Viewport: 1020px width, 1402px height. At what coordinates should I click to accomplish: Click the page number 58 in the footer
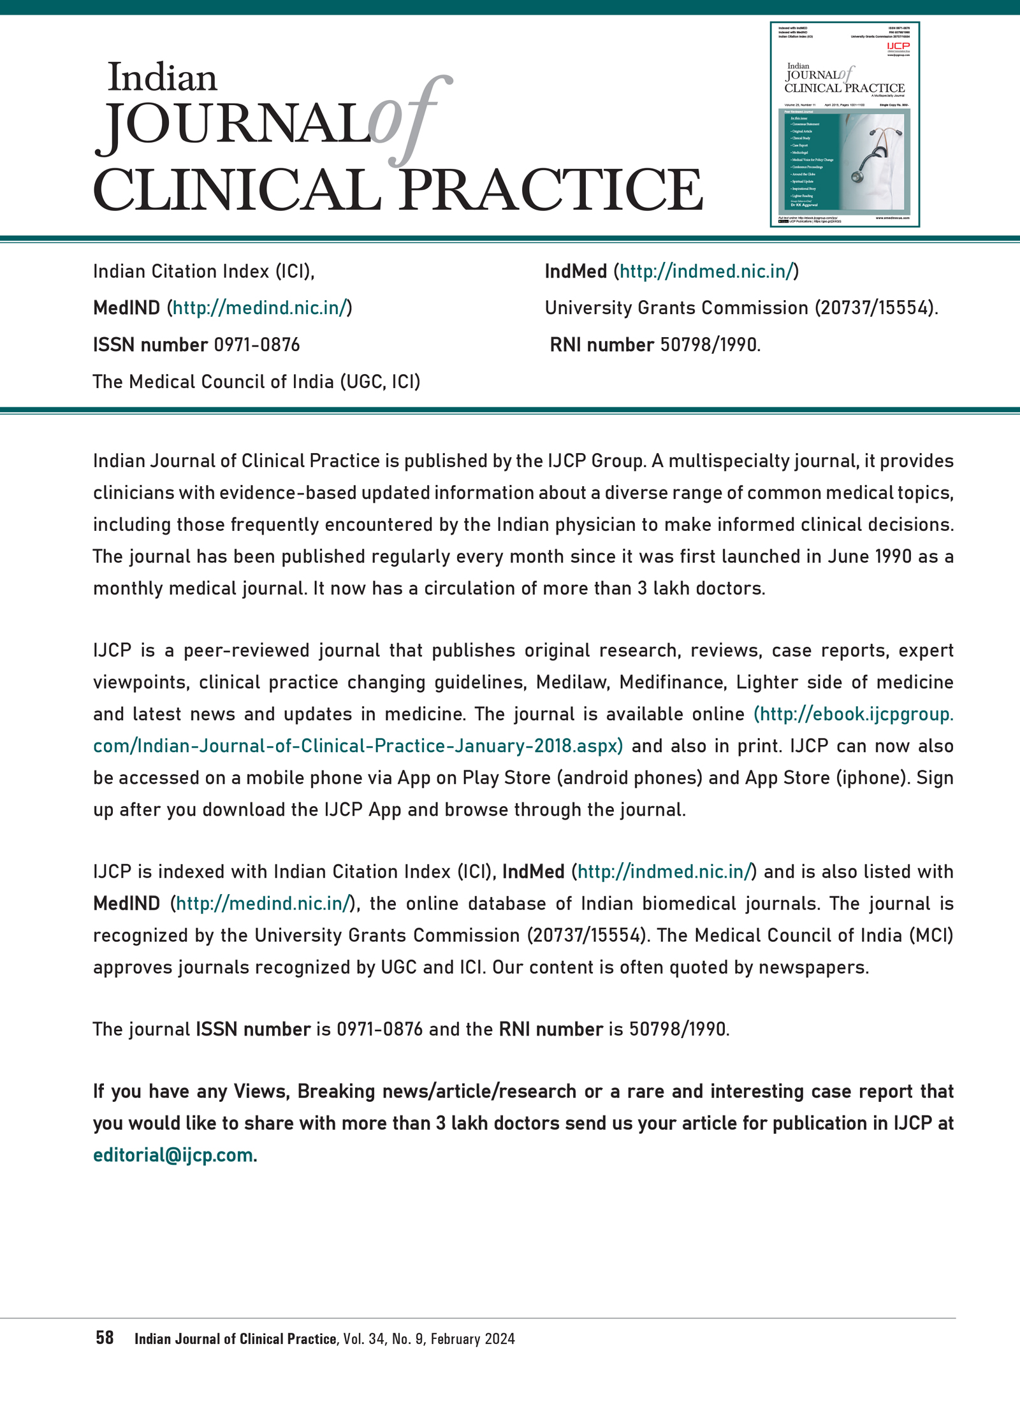click(105, 1338)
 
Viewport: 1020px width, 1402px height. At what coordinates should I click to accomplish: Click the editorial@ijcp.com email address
click(173, 1155)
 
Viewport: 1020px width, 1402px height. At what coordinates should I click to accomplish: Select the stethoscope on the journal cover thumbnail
click(878, 153)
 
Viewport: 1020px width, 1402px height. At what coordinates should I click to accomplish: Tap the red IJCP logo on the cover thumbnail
click(898, 46)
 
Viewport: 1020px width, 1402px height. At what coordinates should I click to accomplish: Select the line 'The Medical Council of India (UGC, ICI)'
click(256, 381)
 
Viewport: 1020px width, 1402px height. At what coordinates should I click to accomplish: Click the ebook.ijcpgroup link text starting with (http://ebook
click(853, 714)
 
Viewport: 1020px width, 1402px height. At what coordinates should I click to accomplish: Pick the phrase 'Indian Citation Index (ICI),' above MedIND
click(204, 271)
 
